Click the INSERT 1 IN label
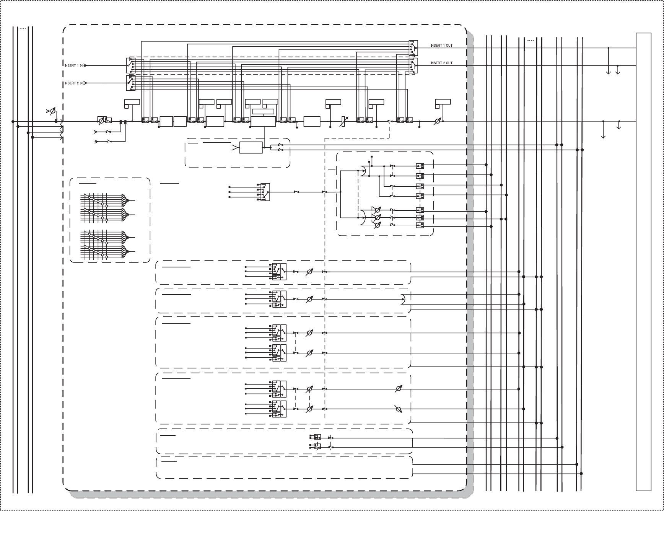click(x=73, y=66)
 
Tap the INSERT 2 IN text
click(x=73, y=83)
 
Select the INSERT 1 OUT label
click(x=441, y=46)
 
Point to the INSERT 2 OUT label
click(x=441, y=63)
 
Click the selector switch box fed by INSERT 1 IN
click(x=131, y=65)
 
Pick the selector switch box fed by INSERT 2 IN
click(x=131, y=83)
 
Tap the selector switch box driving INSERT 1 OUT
click(x=413, y=48)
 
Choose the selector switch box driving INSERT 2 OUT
click(x=413, y=65)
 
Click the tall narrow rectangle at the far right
click(x=643, y=262)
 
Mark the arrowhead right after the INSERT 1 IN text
click(x=85, y=66)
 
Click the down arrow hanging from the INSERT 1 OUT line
click(x=609, y=71)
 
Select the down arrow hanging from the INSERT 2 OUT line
click(x=618, y=71)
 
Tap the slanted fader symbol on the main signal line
click(x=343, y=121)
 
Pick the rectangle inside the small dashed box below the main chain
click(x=251, y=148)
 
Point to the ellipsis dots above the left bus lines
click(x=23, y=29)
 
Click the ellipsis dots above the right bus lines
click(x=531, y=40)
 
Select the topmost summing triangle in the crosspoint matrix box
click(x=124, y=199)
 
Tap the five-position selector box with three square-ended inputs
click(x=265, y=192)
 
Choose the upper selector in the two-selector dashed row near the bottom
click(x=317, y=437)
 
